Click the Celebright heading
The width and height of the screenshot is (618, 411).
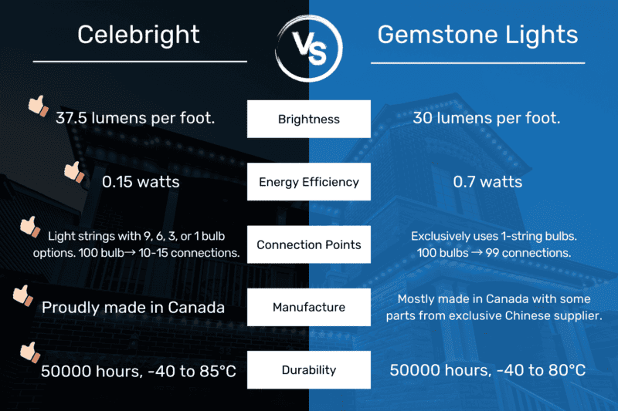(139, 34)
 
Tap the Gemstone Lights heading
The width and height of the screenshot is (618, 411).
(477, 34)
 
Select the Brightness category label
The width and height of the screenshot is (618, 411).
(308, 120)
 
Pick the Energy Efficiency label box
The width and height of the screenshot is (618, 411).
(308, 182)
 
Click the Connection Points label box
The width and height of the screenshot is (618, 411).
(308, 245)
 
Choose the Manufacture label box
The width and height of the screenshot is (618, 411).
(308, 308)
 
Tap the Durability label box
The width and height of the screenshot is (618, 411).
(308, 370)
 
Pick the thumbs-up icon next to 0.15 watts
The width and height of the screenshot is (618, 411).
(73, 171)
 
